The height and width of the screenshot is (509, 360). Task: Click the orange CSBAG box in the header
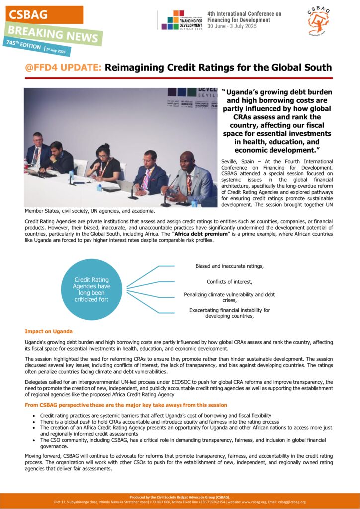pos(44,15)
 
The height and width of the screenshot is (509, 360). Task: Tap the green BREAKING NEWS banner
pos(54,34)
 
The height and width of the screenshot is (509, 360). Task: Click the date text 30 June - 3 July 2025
pos(232,26)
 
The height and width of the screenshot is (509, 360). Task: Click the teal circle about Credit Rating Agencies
pos(92,290)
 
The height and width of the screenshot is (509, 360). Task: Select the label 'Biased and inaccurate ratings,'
pos(229,266)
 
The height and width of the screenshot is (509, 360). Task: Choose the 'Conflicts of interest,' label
pos(229,282)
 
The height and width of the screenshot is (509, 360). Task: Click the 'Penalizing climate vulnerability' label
pos(229,297)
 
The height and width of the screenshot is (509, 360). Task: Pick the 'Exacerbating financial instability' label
pos(229,313)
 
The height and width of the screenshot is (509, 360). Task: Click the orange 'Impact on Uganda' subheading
pos(49,331)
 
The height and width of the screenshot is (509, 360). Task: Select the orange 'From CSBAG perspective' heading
pos(126,405)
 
